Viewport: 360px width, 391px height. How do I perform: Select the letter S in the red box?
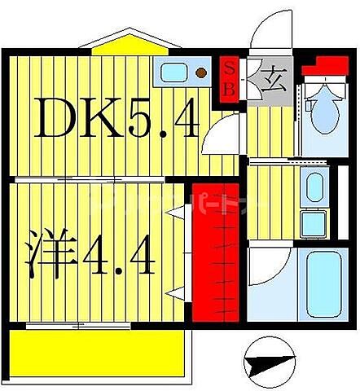pos(229,69)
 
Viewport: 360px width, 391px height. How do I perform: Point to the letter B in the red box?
pos(229,88)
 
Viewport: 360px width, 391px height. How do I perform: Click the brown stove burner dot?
pos(200,74)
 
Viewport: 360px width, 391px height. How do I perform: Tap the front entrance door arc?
pos(269,33)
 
